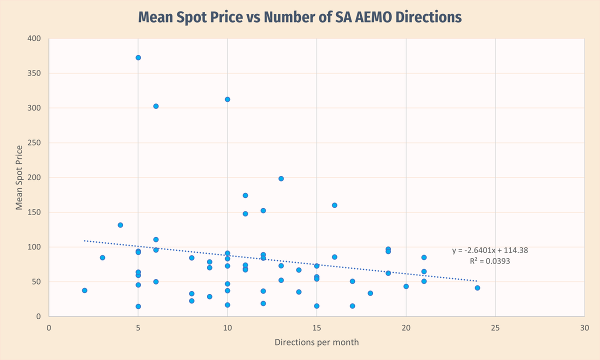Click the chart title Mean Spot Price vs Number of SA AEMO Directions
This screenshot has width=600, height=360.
click(x=300, y=17)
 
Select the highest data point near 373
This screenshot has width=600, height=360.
click(x=138, y=57)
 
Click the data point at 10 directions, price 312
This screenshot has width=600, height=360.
click(x=227, y=99)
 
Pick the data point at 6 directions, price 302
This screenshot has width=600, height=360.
click(x=156, y=106)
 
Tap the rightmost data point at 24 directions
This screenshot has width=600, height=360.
click(x=477, y=288)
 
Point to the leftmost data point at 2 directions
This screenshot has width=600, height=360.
click(x=84, y=290)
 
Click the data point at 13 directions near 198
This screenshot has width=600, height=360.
click(x=281, y=178)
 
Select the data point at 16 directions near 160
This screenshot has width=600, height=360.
click(x=334, y=205)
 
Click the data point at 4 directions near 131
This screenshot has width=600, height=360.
click(x=120, y=225)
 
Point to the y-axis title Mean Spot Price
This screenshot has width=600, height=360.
click(x=19, y=177)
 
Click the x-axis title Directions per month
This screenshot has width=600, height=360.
click(x=316, y=342)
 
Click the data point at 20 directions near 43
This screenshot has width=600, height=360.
click(x=406, y=286)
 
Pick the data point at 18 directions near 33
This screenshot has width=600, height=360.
click(x=370, y=293)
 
